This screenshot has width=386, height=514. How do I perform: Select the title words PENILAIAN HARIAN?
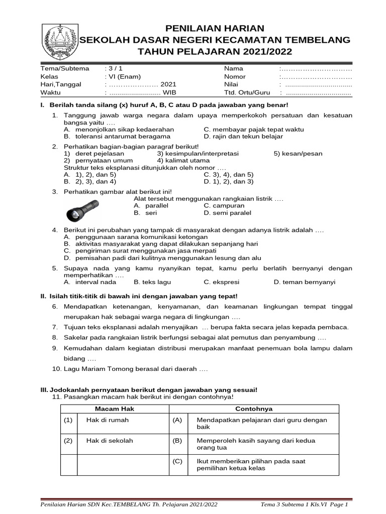click(215, 28)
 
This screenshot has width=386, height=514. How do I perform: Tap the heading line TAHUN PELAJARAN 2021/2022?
click(215, 52)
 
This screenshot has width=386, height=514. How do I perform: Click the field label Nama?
click(233, 68)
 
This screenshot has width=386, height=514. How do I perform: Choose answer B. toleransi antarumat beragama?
click(117, 136)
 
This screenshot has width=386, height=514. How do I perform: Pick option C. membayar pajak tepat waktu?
click(254, 129)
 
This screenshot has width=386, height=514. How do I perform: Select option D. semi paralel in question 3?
click(228, 213)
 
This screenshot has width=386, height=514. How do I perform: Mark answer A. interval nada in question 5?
click(93, 282)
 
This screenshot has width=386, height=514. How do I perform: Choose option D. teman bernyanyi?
click(304, 282)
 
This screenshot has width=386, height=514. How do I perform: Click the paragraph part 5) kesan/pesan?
click(298, 154)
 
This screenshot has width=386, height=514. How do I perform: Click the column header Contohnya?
click(256, 409)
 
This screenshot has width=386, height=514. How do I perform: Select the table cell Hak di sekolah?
click(110, 441)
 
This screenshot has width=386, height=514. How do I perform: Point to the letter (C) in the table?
click(177, 461)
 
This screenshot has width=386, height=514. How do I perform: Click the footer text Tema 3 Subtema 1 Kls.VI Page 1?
click(305, 504)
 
